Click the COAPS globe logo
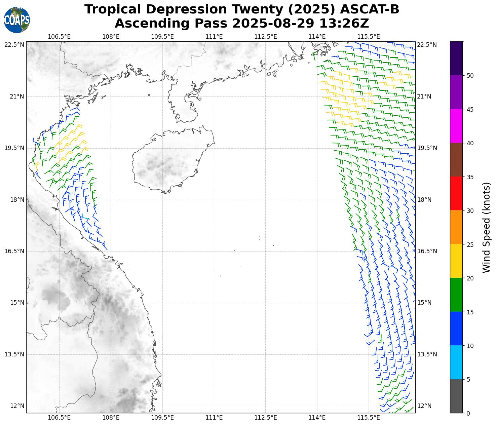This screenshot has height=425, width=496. point(16,20)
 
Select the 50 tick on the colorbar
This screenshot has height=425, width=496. point(470,75)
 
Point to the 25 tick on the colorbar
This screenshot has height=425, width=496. point(470,244)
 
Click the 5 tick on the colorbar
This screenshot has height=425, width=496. point(468,380)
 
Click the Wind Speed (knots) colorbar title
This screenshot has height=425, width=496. point(486,227)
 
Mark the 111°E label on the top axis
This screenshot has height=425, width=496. point(214,36)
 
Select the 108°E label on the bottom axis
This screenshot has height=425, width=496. point(111,418)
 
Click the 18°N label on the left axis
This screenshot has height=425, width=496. point(17,200)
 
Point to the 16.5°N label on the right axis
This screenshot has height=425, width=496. point(427,251)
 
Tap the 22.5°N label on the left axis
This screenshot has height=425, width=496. point(14,45)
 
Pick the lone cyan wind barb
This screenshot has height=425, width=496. point(85,217)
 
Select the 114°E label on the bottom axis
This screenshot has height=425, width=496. point(317,418)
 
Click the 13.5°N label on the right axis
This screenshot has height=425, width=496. point(427,354)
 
